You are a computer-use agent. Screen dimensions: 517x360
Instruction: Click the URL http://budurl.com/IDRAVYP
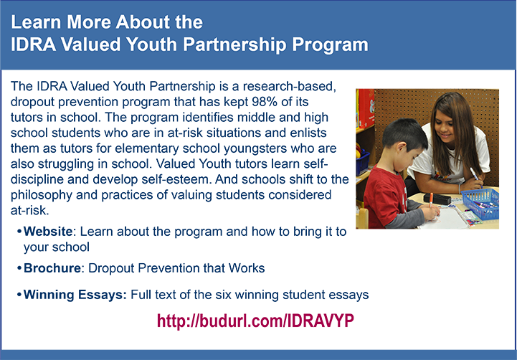[255, 321]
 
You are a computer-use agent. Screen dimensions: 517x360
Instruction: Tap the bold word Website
[48, 232]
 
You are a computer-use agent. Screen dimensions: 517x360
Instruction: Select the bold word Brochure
[52, 268]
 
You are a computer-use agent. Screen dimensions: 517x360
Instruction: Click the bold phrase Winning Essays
[75, 295]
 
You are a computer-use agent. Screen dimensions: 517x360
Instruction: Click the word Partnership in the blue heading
[234, 44]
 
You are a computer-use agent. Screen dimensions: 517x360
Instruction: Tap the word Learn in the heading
[36, 22]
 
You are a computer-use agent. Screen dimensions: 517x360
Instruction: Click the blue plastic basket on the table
[480, 204]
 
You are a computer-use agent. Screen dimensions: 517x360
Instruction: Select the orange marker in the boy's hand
[431, 199]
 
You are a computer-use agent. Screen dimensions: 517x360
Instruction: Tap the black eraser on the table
[437, 199]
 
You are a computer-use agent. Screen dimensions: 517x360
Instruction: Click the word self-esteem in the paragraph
[176, 179]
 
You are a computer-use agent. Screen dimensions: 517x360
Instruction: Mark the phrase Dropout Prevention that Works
[176, 268]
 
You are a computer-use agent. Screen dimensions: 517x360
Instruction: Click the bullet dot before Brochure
[19, 269]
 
